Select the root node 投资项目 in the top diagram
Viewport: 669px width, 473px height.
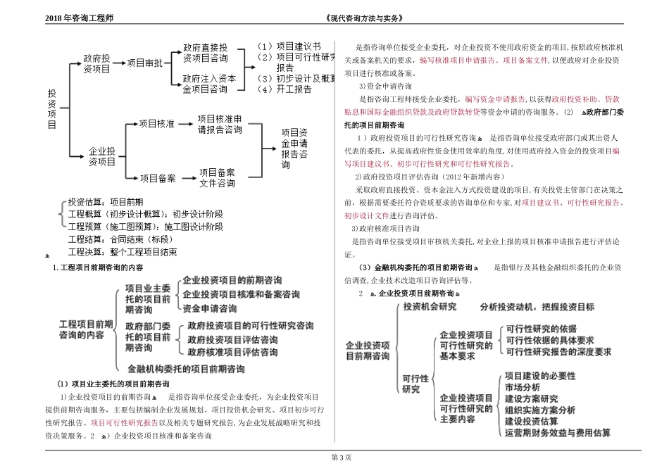coord(52,108)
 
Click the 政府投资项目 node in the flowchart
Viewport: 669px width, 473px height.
coord(96,63)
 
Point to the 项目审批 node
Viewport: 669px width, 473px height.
coord(144,63)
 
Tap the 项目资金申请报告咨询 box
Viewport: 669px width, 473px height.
coord(294,148)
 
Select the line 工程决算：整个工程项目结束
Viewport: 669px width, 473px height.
coord(123,251)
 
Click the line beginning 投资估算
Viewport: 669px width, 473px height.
coord(105,201)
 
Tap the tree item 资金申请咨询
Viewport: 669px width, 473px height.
coord(209,308)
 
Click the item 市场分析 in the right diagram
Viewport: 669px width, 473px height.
coord(523,386)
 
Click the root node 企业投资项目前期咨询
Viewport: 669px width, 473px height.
coord(367,351)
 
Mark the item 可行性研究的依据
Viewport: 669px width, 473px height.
coord(541,329)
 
